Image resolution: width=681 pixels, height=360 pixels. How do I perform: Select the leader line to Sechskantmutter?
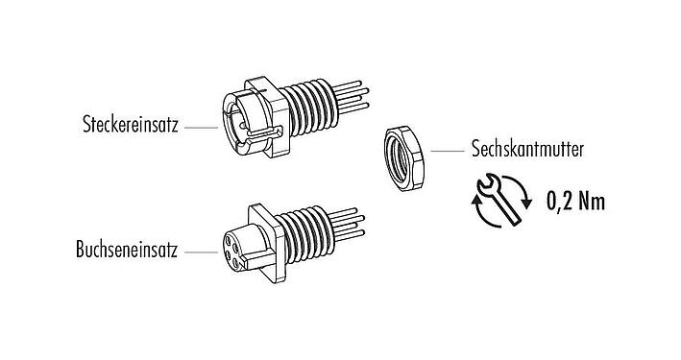point(447,151)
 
